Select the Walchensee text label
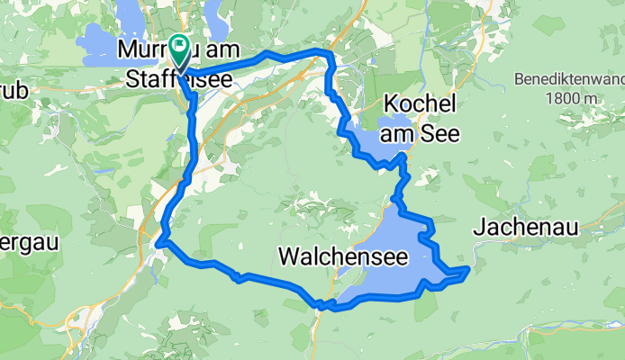[345, 256]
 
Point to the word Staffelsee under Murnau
[177, 78]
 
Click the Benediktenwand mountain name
[569, 79]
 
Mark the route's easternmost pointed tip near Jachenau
[468, 268]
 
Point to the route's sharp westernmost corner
[159, 242]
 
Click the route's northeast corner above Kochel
[330, 55]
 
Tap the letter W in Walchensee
[289, 256]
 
